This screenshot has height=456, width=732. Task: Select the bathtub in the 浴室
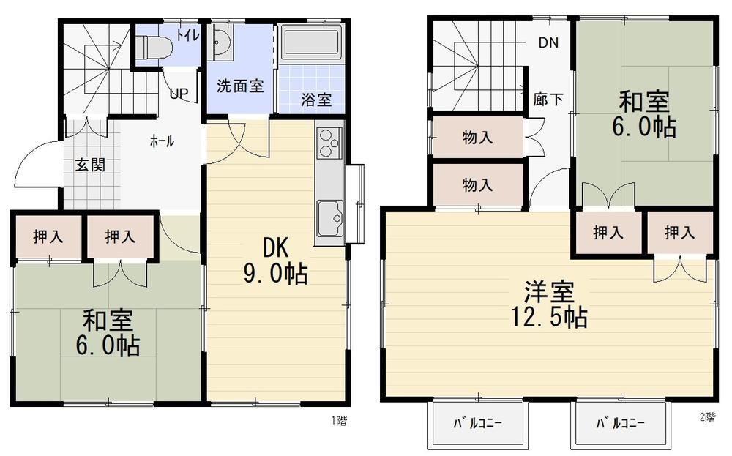(x=311, y=42)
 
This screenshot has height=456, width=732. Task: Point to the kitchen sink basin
(x=330, y=218)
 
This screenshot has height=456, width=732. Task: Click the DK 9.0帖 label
(x=275, y=261)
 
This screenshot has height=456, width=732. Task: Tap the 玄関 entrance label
(x=91, y=165)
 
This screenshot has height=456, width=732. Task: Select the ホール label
(x=162, y=141)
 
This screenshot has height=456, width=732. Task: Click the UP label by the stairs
(x=179, y=94)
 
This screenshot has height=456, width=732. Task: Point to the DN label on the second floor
(x=548, y=43)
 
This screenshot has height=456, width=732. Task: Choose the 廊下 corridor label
(x=548, y=99)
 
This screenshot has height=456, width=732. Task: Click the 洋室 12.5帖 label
(x=549, y=304)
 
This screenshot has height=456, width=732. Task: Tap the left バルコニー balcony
(x=477, y=423)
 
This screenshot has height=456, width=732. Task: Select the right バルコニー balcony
(x=621, y=423)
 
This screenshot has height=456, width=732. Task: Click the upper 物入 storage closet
(x=477, y=137)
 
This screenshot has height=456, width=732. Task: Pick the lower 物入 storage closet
(x=477, y=185)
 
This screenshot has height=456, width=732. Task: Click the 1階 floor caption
(x=340, y=421)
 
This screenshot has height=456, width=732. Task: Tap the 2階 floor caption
(x=708, y=418)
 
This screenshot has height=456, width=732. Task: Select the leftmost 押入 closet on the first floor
(x=48, y=236)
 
